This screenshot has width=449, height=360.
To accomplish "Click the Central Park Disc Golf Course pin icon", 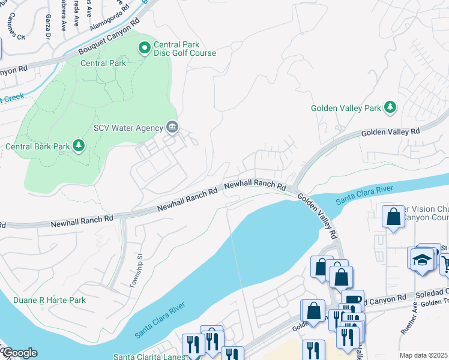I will [x=144, y=47].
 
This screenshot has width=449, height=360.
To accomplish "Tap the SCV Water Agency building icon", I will [x=172, y=127].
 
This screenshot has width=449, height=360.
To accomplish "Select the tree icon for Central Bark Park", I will [x=78, y=145].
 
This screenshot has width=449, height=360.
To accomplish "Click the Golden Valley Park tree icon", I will [x=390, y=107].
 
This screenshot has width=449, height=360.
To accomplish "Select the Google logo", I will [x=19, y=353].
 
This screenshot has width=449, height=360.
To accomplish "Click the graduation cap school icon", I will [x=423, y=259].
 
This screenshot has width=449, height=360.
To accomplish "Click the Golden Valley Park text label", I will [x=346, y=109].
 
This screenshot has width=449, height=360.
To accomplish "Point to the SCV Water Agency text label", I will [x=128, y=128].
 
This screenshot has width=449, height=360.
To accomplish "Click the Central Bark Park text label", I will [x=36, y=146].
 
